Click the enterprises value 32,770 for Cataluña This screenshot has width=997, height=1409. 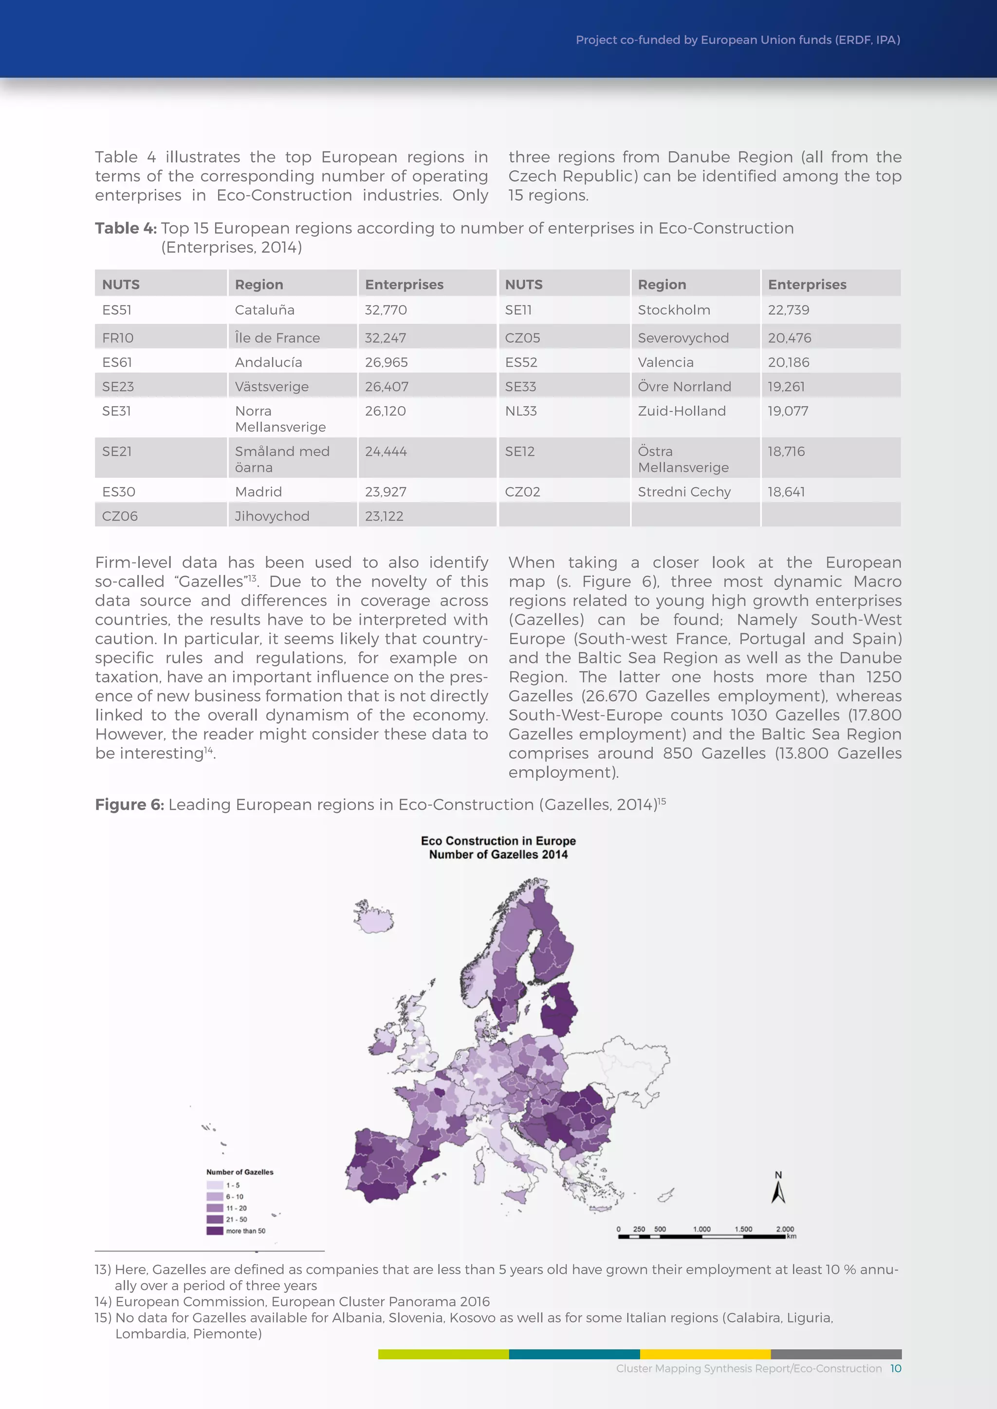click(386, 310)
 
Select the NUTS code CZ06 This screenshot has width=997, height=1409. click(120, 516)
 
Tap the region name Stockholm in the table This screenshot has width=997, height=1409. click(673, 310)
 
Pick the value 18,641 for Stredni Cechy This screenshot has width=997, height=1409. click(786, 491)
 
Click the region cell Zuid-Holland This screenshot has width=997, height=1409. click(682, 411)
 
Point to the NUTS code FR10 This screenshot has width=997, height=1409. click(118, 338)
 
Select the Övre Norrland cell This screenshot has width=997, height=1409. click(684, 387)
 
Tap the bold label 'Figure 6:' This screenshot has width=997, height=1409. click(129, 805)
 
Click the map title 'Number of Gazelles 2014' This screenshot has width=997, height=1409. click(498, 854)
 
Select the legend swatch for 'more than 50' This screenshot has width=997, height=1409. click(215, 1230)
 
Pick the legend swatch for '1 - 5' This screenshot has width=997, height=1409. click(215, 1185)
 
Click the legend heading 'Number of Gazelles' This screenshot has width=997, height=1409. click(240, 1172)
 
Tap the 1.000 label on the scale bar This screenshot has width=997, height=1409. click(702, 1228)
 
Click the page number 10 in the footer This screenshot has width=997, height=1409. click(895, 1369)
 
